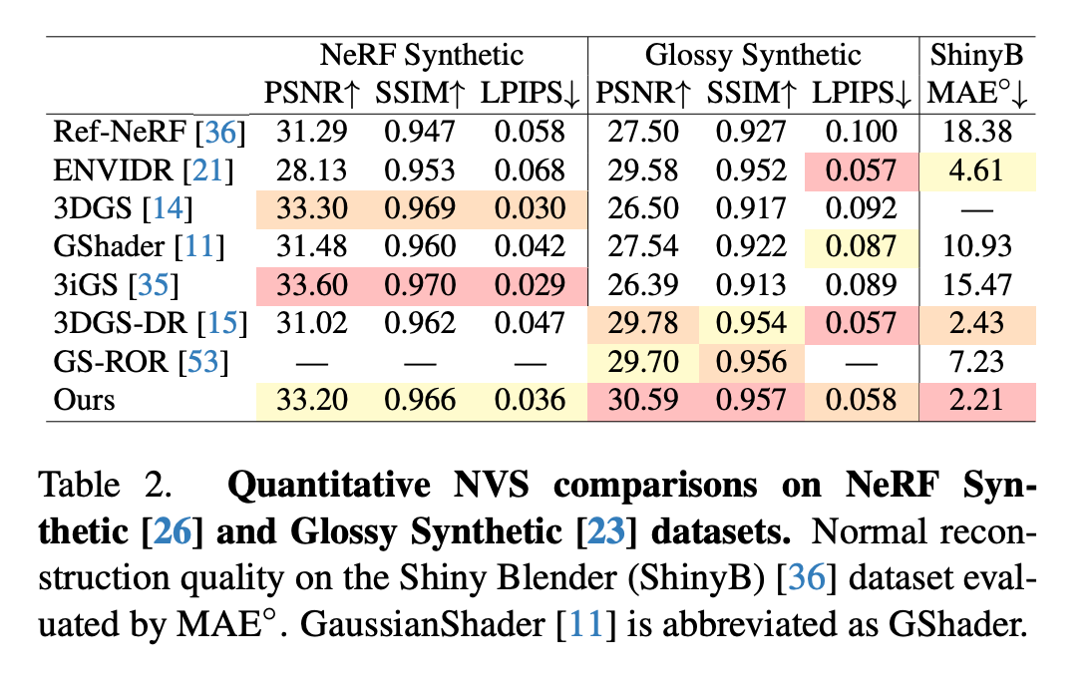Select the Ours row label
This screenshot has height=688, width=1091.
coord(86,400)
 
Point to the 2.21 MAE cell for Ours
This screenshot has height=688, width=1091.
coord(976,400)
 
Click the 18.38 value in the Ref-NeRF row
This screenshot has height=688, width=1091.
coord(976,133)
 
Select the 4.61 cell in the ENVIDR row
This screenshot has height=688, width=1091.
coord(976,171)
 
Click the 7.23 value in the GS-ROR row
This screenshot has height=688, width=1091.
coord(976,362)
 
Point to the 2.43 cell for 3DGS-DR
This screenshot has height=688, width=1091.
coord(976,324)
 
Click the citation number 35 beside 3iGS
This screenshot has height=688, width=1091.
coord(158,286)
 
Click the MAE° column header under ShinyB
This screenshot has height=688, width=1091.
coord(976,93)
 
